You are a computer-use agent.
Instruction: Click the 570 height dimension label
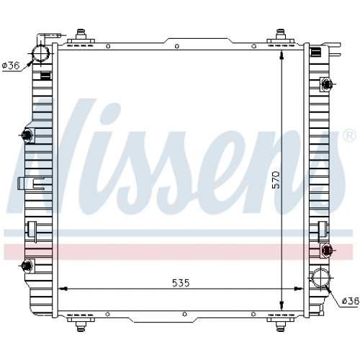[276, 179]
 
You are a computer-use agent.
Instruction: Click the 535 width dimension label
[181, 283]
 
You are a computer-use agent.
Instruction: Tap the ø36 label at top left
[11, 66]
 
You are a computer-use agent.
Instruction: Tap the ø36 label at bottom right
[351, 300]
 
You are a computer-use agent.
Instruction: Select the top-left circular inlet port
[41, 53]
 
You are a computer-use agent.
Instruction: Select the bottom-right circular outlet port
[321, 278]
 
